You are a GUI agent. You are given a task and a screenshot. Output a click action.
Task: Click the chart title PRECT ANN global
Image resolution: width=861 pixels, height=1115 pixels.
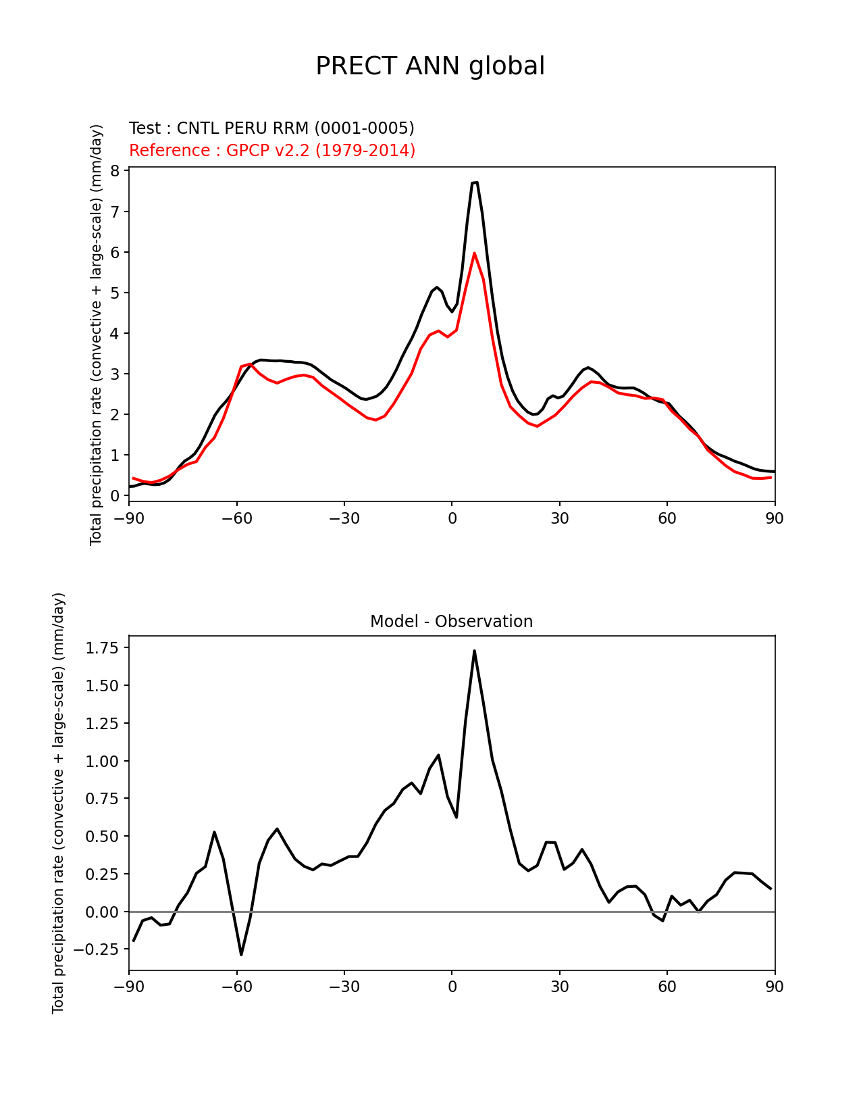tap(430, 66)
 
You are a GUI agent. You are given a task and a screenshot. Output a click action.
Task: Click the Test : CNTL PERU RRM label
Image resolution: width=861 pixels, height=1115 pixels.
tap(271, 128)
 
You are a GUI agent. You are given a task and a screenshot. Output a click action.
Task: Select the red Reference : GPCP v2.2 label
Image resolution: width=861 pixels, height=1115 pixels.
tap(272, 150)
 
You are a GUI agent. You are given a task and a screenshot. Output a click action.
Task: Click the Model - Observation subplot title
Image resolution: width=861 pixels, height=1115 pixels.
tap(451, 622)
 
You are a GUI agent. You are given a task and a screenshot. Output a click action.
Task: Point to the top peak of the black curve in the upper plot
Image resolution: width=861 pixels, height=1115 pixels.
tap(475, 182)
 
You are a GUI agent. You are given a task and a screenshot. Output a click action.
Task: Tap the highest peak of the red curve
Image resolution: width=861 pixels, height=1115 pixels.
tap(474, 253)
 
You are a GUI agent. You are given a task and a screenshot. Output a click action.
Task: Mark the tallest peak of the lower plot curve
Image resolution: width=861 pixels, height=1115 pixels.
tap(474, 651)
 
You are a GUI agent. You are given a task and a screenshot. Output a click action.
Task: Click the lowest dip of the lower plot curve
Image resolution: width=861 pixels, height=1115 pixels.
tap(241, 954)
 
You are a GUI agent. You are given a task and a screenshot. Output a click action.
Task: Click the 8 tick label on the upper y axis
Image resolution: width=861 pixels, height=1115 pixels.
tap(115, 171)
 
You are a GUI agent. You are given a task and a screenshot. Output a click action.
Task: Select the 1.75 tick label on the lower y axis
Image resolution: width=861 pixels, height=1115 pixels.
tap(103, 648)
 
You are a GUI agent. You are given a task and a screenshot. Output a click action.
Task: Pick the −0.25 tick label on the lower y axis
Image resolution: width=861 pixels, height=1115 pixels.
tap(99, 949)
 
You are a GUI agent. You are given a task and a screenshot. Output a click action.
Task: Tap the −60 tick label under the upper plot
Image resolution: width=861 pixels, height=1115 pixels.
tap(236, 518)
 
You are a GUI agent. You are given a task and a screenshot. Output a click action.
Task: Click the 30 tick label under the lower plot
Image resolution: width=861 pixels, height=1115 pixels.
tap(559, 987)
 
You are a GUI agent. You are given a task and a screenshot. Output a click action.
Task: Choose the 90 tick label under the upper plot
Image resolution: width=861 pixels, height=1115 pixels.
tap(775, 518)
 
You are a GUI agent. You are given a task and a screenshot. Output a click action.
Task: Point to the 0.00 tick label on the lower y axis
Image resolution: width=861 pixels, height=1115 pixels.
tap(103, 912)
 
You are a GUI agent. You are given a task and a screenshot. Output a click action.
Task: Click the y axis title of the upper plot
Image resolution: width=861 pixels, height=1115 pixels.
tap(96, 334)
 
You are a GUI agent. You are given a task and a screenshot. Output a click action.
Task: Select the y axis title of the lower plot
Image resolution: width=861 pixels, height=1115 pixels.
tap(58, 803)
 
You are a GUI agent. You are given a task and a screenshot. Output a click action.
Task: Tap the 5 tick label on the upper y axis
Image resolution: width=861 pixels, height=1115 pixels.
tap(115, 293)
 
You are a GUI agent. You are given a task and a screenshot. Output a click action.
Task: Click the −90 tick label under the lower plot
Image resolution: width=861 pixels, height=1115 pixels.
tap(129, 987)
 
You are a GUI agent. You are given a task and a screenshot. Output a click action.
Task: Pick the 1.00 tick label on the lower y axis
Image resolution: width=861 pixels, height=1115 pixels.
tap(103, 761)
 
